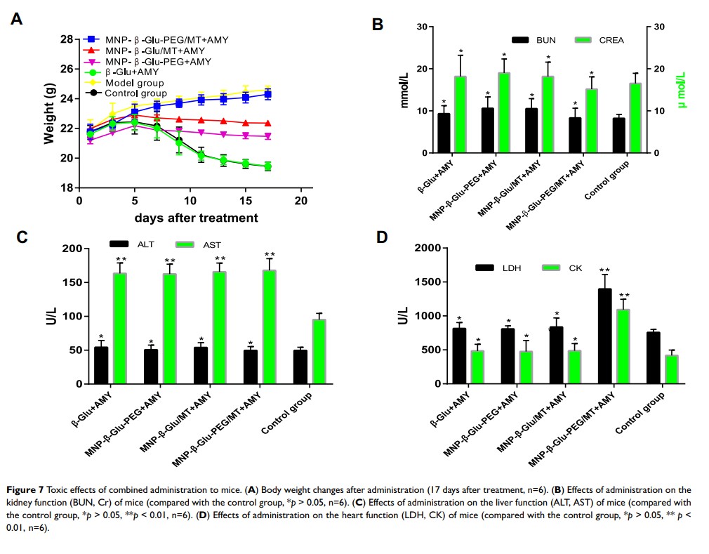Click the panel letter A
point(16,19)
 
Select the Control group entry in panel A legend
point(135,93)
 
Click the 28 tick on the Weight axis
point(67,39)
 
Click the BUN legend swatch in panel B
point(521,41)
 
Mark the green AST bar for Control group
point(319,352)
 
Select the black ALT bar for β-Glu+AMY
point(102,365)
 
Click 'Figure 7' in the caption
point(29,489)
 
